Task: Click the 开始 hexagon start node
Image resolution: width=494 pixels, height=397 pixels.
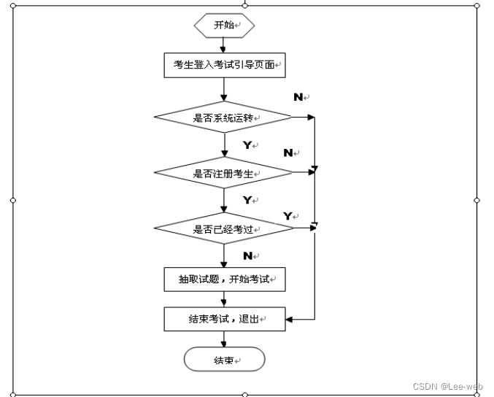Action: (224, 26)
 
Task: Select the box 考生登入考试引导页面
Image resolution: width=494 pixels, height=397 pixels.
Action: (225, 65)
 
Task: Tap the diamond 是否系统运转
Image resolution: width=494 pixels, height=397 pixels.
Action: (223, 117)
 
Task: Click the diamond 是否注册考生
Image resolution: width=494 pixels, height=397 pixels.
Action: (223, 173)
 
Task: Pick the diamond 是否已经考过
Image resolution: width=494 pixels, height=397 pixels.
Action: (224, 228)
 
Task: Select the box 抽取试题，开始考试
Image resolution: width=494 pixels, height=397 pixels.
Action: (225, 280)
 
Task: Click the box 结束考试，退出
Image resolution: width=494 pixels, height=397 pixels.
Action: (225, 319)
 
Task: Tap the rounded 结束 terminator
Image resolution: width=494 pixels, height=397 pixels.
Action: (224, 359)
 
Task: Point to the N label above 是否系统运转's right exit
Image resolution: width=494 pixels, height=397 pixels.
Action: (298, 97)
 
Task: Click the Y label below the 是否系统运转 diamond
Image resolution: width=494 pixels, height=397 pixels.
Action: (247, 145)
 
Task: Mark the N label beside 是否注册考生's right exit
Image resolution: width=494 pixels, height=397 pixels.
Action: (288, 153)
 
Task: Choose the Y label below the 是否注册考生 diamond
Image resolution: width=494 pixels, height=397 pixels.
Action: (247, 200)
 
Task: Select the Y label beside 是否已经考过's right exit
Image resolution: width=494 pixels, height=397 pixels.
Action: (287, 216)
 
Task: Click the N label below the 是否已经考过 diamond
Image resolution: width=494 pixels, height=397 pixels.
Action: (248, 256)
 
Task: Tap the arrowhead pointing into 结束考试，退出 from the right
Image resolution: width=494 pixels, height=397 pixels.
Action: (289, 320)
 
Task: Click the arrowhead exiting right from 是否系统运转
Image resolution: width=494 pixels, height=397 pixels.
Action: (311, 117)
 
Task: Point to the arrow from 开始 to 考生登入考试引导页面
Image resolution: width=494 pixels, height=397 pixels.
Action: (223, 45)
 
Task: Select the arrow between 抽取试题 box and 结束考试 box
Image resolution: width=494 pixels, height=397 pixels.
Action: (224, 299)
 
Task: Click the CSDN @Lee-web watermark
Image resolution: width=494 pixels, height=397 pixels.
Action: (448, 386)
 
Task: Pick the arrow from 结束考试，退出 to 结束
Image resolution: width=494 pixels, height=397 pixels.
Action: (224, 339)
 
